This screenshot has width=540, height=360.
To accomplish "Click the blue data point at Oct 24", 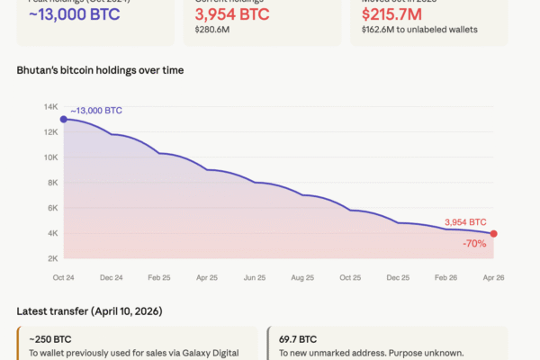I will pyautogui.click(x=63, y=120).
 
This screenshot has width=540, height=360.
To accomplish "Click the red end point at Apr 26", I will pyautogui.click(x=493, y=234).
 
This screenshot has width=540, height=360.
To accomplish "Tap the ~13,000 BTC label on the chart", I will pyautogui.click(x=96, y=111).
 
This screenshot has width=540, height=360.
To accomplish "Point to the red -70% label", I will pyautogui.click(x=475, y=243).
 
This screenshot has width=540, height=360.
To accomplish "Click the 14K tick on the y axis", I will pyautogui.click(x=50, y=107).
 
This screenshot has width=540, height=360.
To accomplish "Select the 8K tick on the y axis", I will pyautogui.click(x=51, y=183).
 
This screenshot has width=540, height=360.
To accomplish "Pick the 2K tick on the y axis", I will pyautogui.click(x=51, y=258).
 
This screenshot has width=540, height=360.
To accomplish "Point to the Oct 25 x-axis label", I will pyautogui.click(x=349, y=277).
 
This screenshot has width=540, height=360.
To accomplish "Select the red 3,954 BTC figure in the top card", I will pyautogui.click(x=231, y=14).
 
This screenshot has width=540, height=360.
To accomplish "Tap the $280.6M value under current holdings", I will pyautogui.click(x=213, y=30).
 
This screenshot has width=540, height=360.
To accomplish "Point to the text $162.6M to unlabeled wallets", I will pyautogui.click(x=418, y=30).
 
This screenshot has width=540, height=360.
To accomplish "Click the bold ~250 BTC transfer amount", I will pyautogui.click(x=50, y=339).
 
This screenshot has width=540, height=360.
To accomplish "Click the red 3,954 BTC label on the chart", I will pyautogui.click(x=465, y=221).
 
